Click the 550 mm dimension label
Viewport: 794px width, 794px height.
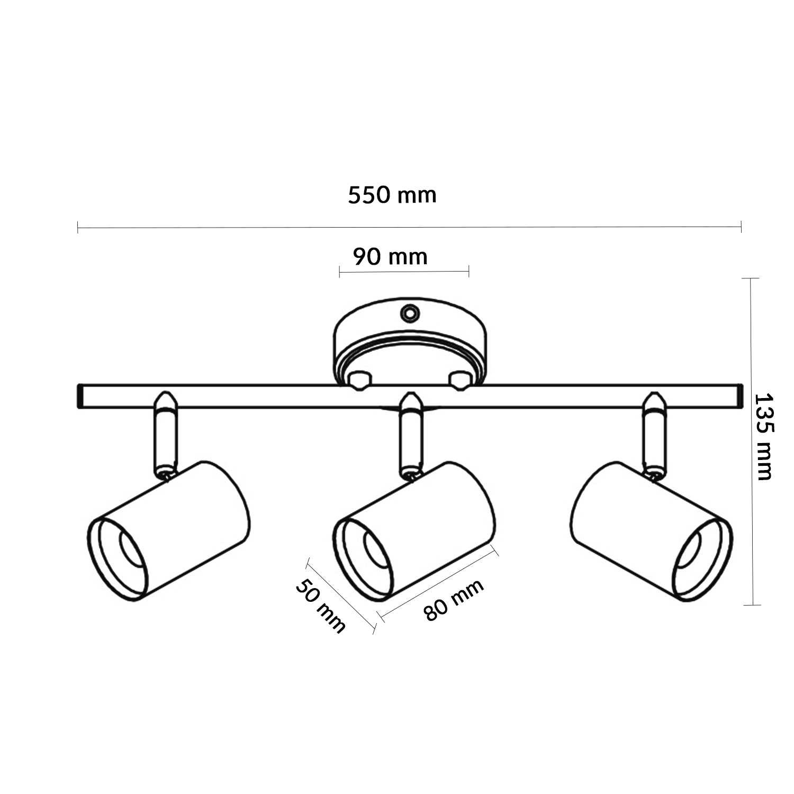(x=392, y=195)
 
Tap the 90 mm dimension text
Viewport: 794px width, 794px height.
(x=390, y=257)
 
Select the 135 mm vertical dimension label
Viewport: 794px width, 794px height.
(x=764, y=436)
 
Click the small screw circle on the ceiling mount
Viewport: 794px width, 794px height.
(x=409, y=313)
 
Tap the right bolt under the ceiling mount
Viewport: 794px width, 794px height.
(x=458, y=380)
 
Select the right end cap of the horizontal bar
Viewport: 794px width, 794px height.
(x=736, y=396)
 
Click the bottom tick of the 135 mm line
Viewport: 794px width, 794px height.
(x=751, y=604)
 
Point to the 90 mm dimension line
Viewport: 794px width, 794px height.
(x=404, y=272)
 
